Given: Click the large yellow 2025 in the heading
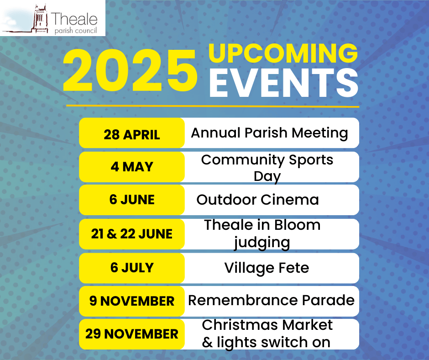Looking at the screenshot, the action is click(130, 70).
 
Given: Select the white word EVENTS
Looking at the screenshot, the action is click(284, 83).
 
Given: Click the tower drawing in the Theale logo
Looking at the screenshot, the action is click(40, 19).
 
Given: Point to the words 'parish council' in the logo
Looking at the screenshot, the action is click(75, 31).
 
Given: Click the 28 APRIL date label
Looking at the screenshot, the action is click(131, 135).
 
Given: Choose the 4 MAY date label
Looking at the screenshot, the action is click(132, 167).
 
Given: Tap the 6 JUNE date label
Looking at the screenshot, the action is click(132, 200).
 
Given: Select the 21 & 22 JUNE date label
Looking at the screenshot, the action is click(131, 234).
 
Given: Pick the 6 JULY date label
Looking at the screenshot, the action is click(132, 267).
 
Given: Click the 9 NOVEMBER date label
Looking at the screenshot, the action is click(131, 301).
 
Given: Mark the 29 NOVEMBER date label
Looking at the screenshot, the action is click(131, 334).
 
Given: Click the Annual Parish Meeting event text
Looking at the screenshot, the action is click(269, 133).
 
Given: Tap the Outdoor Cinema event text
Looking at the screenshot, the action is click(258, 200).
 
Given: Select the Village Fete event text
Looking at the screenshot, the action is click(267, 268).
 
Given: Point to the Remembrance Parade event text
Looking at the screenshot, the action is click(272, 300).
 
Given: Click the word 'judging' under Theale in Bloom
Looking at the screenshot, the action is click(262, 243).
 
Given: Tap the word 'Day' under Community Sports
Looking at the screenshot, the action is click(267, 177).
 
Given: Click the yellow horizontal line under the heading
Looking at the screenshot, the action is click(213, 106).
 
